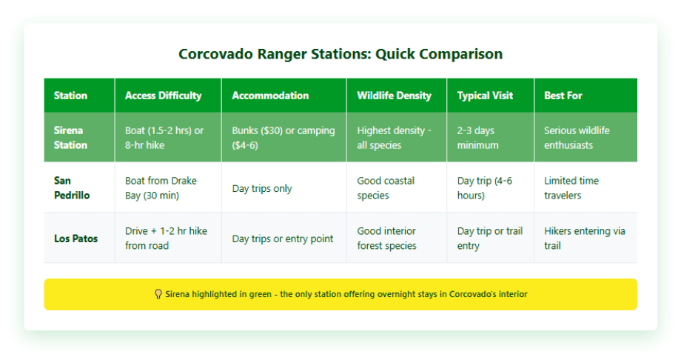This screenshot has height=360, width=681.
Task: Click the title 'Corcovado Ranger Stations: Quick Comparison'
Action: (x=340, y=54)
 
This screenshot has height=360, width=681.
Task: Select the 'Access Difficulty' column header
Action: (x=162, y=96)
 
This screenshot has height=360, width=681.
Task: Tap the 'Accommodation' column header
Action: (x=270, y=96)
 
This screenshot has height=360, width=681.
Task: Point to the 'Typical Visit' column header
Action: (x=485, y=96)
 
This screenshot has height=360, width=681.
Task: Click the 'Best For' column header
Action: (x=563, y=96)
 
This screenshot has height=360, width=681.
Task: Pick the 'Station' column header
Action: (x=70, y=96)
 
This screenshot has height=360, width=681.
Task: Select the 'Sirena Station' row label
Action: (x=70, y=138)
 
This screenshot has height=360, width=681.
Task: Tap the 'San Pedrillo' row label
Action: (x=72, y=188)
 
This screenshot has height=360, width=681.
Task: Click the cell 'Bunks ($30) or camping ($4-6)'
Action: (x=284, y=138)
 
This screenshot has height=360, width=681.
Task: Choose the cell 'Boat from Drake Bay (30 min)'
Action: (x=161, y=188)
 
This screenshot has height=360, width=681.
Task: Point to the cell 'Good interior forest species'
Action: (x=386, y=239)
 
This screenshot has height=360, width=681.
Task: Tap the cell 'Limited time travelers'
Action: (x=571, y=188)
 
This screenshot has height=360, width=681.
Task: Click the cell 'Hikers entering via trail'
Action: (x=584, y=239)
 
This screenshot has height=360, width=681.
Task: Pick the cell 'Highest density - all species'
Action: (x=393, y=138)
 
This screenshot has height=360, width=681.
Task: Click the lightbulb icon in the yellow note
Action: (x=158, y=294)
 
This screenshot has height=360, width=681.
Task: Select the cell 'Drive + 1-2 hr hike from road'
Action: (x=166, y=239)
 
